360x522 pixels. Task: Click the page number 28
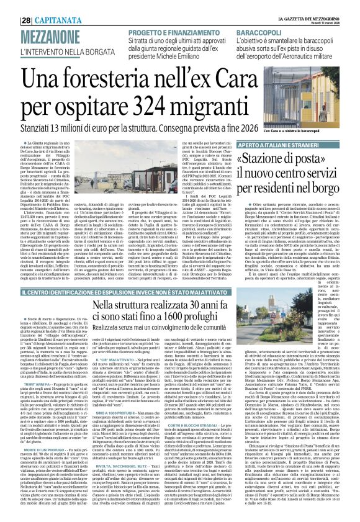(9, 5)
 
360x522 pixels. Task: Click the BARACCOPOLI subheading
(268, 14)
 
